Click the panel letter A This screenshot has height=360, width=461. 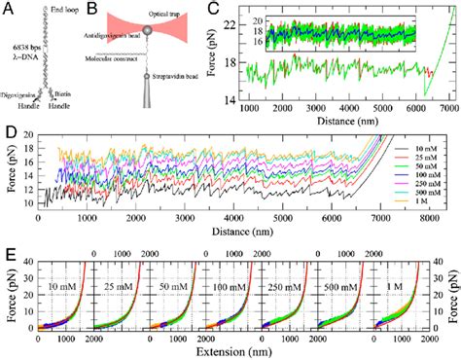(x=8, y=9)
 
